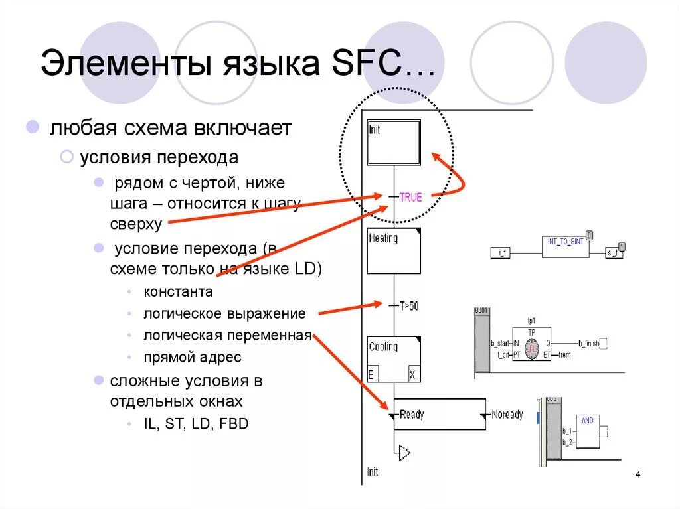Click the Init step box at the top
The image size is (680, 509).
click(394, 142)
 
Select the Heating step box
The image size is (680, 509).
click(394, 251)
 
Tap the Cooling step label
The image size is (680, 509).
click(383, 347)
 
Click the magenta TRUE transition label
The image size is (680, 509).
click(410, 197)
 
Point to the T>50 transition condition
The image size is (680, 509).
click(409, 305)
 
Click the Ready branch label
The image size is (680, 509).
click(412, 415)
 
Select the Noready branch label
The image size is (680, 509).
click(507, 415)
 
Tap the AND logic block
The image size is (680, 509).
click(588, 431)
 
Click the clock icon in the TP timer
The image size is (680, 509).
click(531, 348)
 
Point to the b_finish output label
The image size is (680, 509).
click(588, 343)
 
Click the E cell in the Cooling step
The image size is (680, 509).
click(373, 374)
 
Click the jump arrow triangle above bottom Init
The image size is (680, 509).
click(404, 453)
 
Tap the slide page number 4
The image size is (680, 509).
click(638, 474)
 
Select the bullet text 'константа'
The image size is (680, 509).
click(178, 292)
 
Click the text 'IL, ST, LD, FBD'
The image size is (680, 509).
click(196, 423)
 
